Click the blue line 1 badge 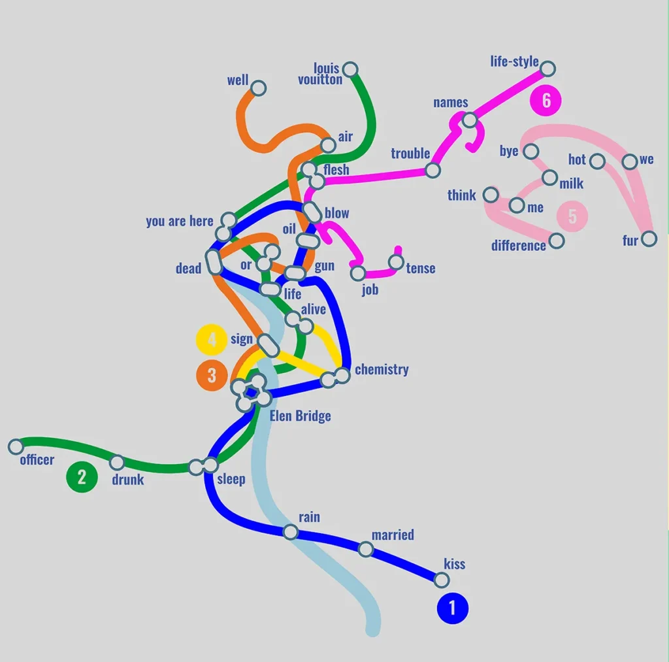453,608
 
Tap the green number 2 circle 82,477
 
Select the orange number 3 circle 212,376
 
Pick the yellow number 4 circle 212,340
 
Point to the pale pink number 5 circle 572,216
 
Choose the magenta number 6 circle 546,100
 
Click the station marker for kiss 442,580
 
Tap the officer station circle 16,446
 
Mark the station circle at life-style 548,69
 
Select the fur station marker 649,239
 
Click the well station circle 259,88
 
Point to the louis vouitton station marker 350,69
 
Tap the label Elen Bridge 301,416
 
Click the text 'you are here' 180,221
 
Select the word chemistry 382,369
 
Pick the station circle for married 366,549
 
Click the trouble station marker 432,171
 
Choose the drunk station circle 117,462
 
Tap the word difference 518,246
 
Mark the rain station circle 291,532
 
